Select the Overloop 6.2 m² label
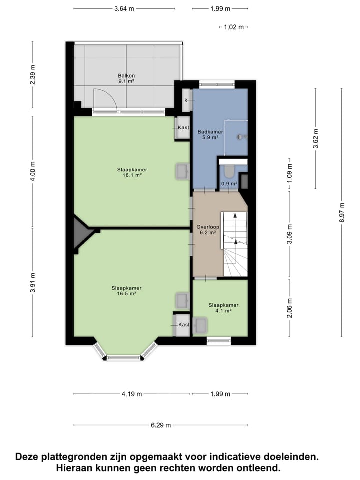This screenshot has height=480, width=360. click(x=206, y=229)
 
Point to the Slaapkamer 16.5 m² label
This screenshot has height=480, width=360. click(x=126, y=291)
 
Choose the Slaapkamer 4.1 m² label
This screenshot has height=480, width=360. click(x=223, y=307)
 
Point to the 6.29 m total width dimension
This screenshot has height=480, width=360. click(x=161, y=425)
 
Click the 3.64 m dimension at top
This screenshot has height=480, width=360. click(x=124, y=8)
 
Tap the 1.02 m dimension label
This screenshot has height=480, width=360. click(x=234, y=27)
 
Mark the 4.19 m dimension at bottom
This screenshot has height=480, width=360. click(x=132, y=394)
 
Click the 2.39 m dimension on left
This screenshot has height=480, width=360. click(x=33, y=75)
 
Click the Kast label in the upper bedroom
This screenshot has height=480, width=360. click(x=183, y=128)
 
